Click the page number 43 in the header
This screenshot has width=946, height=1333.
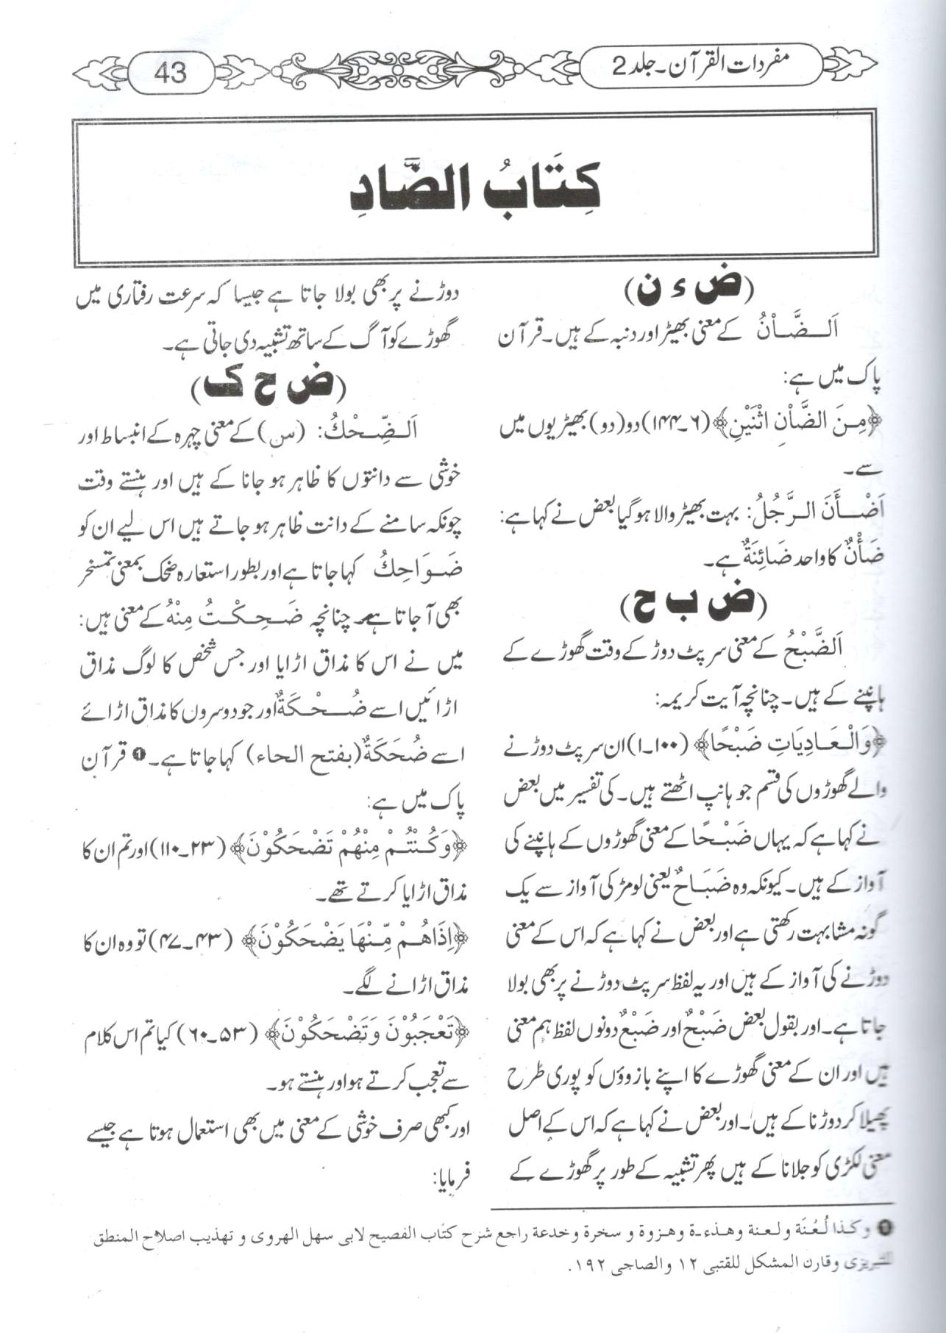coord(170,72)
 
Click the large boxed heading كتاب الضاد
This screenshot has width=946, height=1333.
coord(474,190)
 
